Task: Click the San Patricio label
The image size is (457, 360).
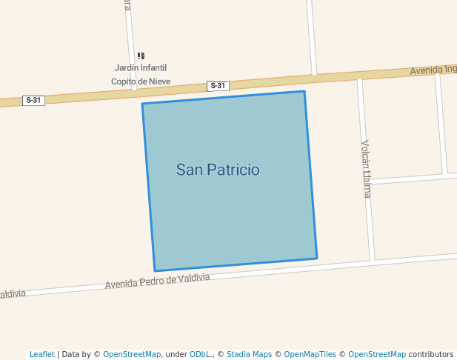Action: click(x=218, y=170)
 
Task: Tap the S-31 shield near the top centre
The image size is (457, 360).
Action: click(x=218, y=86)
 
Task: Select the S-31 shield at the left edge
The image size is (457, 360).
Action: click(x=33, y=100)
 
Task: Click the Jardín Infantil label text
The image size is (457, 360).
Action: click(x=140, y=68)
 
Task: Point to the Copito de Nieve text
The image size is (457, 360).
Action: click(x=141, y=81)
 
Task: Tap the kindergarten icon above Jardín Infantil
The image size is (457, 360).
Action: click(x=141, y=56)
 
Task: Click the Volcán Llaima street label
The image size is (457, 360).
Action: click(x=366, y=169)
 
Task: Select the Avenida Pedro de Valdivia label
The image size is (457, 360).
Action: click(x=157, y=281)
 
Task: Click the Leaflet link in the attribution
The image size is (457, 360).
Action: click(x=41, y=354)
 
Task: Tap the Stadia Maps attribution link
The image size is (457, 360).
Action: click(x=249, y=354)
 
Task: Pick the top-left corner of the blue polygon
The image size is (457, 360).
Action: click(x=142, y=104)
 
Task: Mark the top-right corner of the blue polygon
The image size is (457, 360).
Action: click(x=304, y=92)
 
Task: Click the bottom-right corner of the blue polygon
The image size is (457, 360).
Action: click(x=316, y=259)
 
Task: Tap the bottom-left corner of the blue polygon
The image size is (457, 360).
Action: click(x=155, y=270)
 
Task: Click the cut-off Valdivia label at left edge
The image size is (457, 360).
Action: click(x=13, y=294)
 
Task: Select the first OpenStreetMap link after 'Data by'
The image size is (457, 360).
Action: click(x=132, y=354)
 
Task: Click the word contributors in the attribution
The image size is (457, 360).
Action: click(x=431, y=354)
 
